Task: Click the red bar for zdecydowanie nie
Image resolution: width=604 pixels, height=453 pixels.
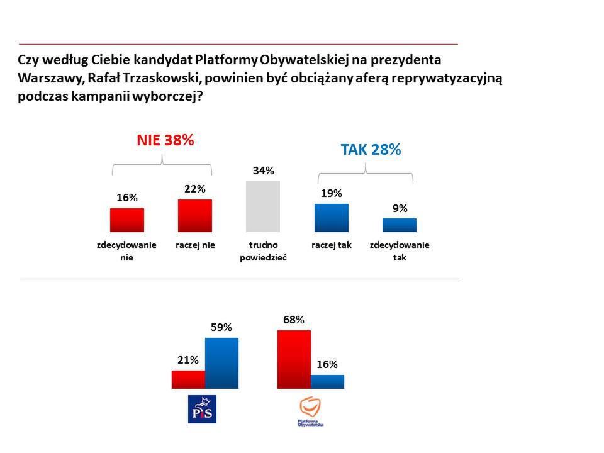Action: pyautogui.click(x=126, y=220)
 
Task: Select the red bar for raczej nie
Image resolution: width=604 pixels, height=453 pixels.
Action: pyautogui.click(x=194, y=216)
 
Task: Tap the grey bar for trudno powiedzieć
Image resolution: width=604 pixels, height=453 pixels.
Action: pyautogui.click(x=263, y=207)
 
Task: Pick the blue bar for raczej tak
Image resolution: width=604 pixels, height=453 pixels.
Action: pyautogui.click(x=331, y=218)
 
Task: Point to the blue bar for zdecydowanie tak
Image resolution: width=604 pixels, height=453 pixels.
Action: pyautogui.click(x=400, y=225)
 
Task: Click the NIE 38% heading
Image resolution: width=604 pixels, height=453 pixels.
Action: pyautogui.click(x=165, y=140)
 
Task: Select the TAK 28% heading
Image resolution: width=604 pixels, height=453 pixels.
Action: pyautogui.click(x=371, y=150)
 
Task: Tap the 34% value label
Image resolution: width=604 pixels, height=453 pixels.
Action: pyautogui.click(x=264, y=171)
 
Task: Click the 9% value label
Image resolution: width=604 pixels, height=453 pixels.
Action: pyautogui.click(x=400, y=208)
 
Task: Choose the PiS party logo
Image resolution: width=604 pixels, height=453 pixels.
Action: pyautogui.click(x=203, y=409)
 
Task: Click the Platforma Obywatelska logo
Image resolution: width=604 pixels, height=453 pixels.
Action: pyautogui.click(x=311, y=411)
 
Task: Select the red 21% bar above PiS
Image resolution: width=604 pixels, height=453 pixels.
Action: pyautogui.click(x=188, y=379)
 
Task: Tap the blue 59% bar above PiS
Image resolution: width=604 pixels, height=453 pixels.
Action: pyautogui.click(x=221, y=363)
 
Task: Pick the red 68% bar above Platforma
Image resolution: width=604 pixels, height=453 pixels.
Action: pyautogui.click(x=294, y=359)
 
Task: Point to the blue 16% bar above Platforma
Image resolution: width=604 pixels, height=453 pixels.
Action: pyautogui.click(x=327, y=381)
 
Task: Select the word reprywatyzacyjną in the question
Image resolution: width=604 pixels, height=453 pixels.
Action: pyautogui.click(x=446, y=80)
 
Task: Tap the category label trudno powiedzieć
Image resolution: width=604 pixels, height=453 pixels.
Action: pyautogui.click(x=264, y=250)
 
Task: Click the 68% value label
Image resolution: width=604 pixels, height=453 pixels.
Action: pyautogui.click(x=294, y=320)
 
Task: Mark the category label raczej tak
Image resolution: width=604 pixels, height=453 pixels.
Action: pyautogui.click(x=331, y=245)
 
